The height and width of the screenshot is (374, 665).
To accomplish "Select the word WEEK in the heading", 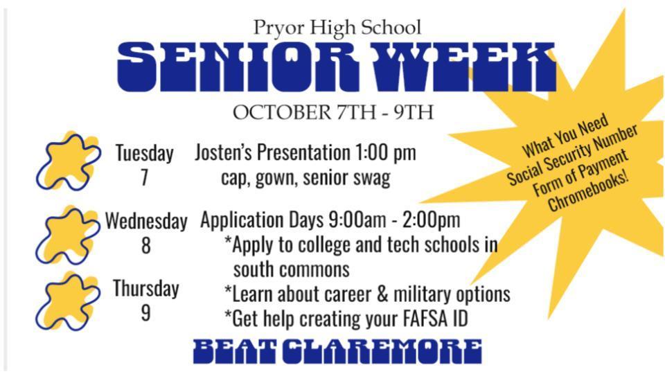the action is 443,67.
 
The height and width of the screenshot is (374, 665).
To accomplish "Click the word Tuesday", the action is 145,152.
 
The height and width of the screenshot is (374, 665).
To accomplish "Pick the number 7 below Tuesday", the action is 145,178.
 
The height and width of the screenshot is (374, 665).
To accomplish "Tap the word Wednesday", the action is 146,220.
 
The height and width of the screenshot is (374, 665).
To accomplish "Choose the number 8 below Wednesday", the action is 146,245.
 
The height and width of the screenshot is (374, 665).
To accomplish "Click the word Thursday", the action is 146,288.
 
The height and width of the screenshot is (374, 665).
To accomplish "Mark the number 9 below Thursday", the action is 145,313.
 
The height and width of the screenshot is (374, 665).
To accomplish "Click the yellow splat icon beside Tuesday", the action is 69,161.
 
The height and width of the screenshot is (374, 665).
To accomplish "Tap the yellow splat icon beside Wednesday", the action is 67,235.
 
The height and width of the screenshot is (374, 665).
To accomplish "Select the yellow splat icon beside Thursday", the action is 67,301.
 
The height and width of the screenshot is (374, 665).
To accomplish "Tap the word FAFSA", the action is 422,319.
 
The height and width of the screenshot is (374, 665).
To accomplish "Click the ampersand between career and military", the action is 382,294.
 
